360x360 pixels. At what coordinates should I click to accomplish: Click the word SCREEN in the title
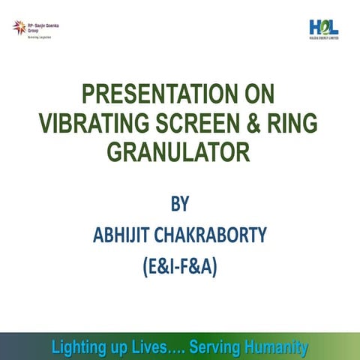pos(193,124)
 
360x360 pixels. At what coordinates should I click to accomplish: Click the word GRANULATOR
pos(178,152)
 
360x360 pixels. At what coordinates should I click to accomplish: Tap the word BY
pos(178,204)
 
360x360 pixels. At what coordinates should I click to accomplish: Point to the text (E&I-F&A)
pos(178,266)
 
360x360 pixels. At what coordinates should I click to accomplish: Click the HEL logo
pos(323,27)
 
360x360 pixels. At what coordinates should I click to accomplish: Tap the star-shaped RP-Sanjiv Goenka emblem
pos(18,28)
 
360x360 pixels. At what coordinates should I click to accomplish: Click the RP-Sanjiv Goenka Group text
pos(43,28)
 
